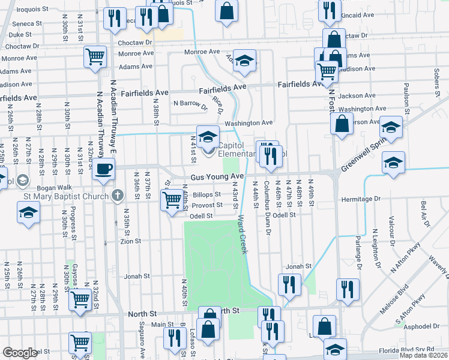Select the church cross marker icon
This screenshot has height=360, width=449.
117,195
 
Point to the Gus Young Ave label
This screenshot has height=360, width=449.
218,177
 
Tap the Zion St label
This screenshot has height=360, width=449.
130,241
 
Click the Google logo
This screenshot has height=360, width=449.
20,353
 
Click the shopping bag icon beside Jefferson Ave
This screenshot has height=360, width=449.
341,124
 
